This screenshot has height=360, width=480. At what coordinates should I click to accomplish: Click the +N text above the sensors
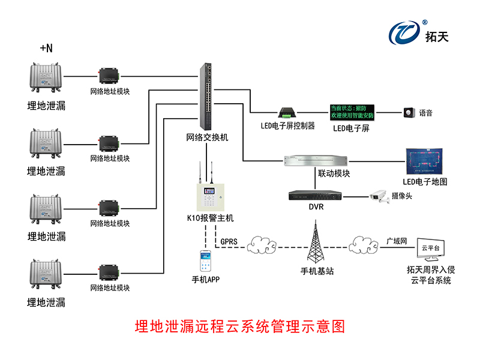click(46, 48)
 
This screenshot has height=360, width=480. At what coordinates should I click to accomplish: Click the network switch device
click(207, 96)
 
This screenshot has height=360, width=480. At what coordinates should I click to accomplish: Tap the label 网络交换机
click(207, 137)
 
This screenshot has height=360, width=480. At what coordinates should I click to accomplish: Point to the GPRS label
click(229, 242)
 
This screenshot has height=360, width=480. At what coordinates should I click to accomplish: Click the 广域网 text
click(397, 241)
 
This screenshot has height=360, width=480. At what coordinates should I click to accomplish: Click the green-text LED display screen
click(352, 111)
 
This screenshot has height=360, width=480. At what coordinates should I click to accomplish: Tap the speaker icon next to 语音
click(410, 112)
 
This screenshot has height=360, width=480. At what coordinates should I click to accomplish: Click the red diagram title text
click(240, 327)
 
